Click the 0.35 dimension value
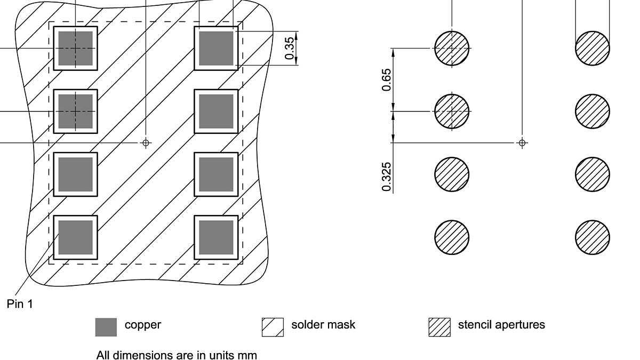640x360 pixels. tap(290, 49)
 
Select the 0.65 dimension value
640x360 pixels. tap(387, 79)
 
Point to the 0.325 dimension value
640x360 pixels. tap(387, 177)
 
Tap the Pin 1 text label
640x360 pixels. tap(20, 304)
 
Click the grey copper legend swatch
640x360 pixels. tap(106, 327)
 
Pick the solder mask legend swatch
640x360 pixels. tap(273, 327)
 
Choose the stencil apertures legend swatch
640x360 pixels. tap(439, 327)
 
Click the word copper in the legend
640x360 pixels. tap(142, 324)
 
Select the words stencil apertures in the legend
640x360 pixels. tap(501, 324)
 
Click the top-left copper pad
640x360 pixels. tap(75, 48)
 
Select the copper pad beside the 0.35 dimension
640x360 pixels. tap(216, 48)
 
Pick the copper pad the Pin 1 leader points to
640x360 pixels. tap(75, 237)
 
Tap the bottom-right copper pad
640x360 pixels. tap(216, 237)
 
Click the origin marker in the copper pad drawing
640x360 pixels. tap(146, 142)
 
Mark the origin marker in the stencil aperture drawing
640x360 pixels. tap(522, 142)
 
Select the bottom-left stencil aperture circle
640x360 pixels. tap(452, 237)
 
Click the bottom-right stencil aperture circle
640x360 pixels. tap(593, 237)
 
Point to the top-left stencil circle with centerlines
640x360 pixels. tap(452, 48)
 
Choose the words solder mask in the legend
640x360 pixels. tap(323, 324)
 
